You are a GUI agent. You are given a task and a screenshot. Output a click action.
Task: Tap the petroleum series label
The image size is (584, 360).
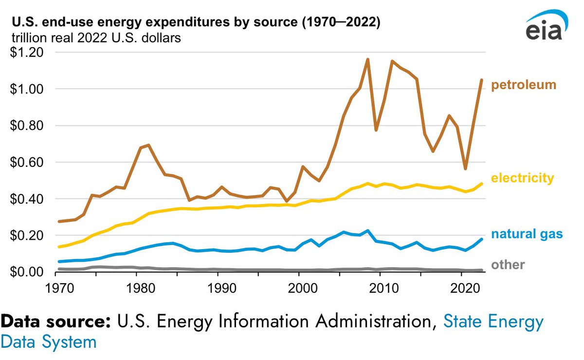pyautogui.click(x=523, y=86)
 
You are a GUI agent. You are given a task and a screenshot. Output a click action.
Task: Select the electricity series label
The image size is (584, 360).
pyautogui.click(x=522, y=179)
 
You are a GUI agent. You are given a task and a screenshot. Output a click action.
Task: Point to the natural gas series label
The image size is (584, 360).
pyautogui.click(x=527, y=234)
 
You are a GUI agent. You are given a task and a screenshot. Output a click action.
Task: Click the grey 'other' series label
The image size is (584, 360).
pyautogui.click(x=508, y=265)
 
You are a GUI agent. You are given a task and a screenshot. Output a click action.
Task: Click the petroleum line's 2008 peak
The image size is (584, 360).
pyautogui.click(x=367, y=59)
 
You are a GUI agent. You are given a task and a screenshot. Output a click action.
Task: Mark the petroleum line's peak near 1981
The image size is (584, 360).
pyautogui.click(x=148, y=145)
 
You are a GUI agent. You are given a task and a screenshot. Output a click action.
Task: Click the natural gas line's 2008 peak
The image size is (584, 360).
pyautogui.click(x=367, y=231)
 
